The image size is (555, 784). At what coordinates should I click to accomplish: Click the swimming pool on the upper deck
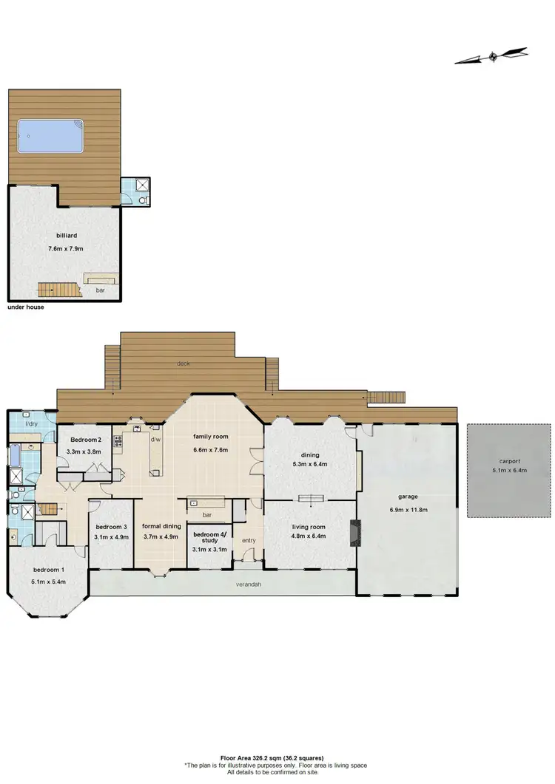(50, 137)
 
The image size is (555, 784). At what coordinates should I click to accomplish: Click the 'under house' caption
(25, 307)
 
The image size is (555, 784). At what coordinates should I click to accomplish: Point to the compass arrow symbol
(492, 56)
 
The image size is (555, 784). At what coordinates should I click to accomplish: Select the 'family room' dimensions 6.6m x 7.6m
(210, 449)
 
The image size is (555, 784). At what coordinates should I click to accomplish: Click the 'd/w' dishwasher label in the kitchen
(156, 439)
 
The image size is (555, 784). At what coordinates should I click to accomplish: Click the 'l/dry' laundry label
(31, 423)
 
